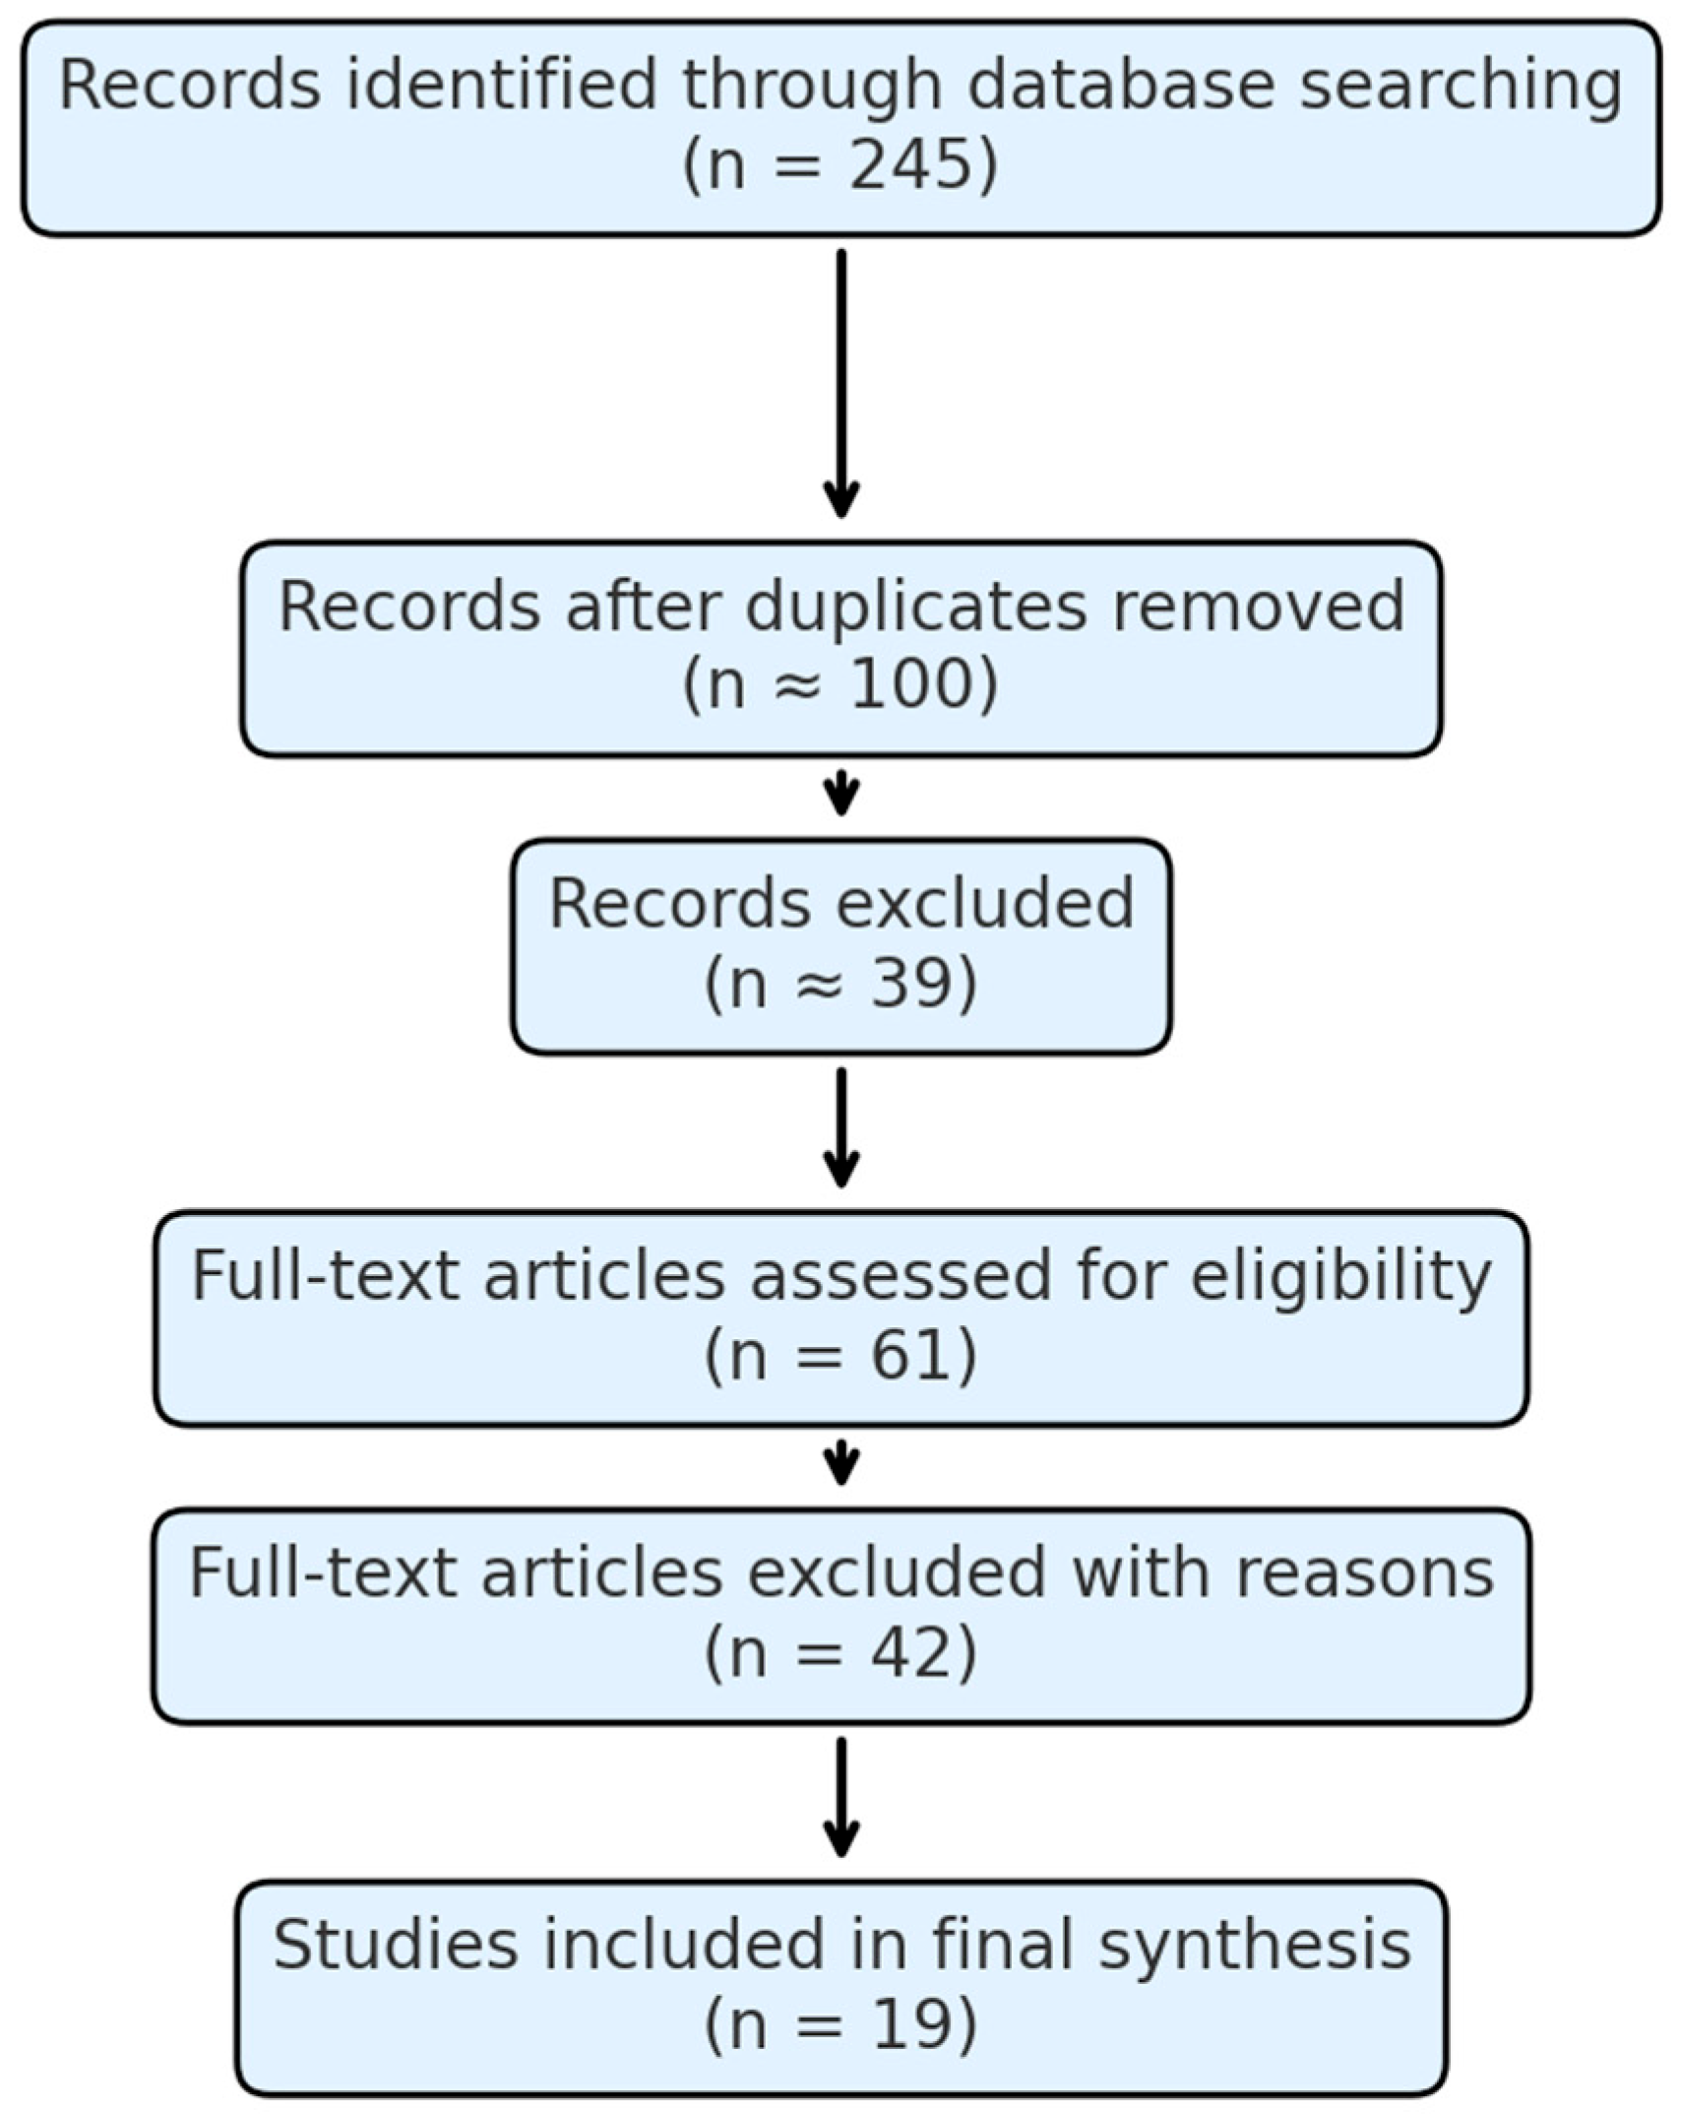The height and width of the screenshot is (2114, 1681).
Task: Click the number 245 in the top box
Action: [908, 164]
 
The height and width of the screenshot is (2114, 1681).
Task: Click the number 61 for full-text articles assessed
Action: [907, 1355]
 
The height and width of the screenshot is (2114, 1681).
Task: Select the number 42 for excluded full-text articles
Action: [907, 1652]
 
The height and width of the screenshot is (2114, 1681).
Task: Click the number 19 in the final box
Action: [907, 2024]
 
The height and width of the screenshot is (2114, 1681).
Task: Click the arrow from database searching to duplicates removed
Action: [840, 384]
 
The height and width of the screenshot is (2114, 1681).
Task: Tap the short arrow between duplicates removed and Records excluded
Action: [840, 794]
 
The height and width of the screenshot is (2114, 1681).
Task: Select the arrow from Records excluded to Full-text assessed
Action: [840, 1128]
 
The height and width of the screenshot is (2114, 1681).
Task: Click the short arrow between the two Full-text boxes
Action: [840, 1463]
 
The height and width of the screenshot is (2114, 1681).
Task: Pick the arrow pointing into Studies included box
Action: [840, 1798]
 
